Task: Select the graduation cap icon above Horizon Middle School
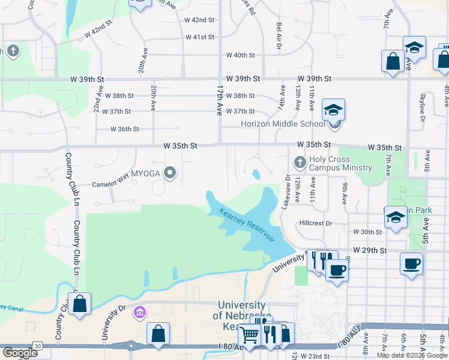(333, 110)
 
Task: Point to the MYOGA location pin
(170, 173)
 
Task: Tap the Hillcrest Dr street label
(315, 223)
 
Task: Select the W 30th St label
(367, 232)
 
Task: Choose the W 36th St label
(125, 128)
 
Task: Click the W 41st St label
(200, 37)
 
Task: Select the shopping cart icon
(249, 335)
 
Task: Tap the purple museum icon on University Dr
(140, 311)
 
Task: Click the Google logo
(20, 353)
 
